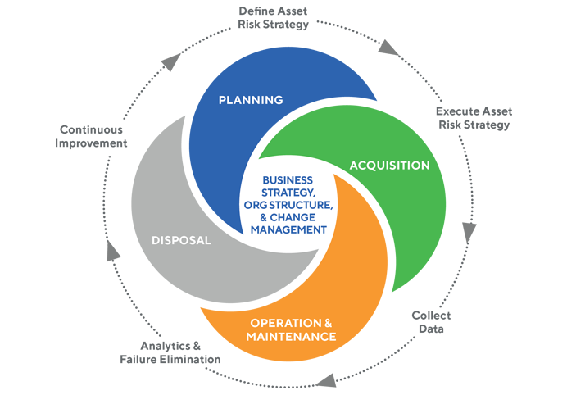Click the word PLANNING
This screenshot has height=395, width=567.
tap(250, 100)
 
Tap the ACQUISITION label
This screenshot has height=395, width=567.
tap(389, 166)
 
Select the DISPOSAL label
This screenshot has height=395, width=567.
tap(182, 241)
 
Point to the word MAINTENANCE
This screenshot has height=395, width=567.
tap(292, 337)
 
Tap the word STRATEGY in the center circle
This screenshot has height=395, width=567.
tap(283, 193)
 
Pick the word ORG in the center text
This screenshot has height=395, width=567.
tap(256, 205)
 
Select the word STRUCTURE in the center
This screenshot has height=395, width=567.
tap(301, 205)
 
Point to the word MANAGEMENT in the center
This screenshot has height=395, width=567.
tap(284, 230)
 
